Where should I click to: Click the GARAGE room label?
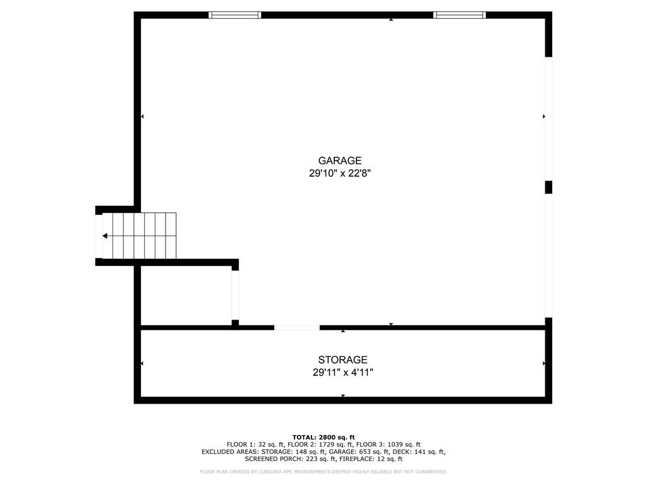pyautogui.click(x=339, y=160)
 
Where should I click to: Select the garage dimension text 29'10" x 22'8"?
pyautogui.click(x=340, y=173)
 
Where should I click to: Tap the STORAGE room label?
pyautogui.click(x=342, y=359)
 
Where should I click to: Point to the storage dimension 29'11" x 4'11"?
pyautogui.click(x=343, y=373)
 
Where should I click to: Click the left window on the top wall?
pyautogui.click(x=235, y=15)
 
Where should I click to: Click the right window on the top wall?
pyautogui.click(x=459, y=15)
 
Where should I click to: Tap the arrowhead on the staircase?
pyautogui.click(x=106, y=236)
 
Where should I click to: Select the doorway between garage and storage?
pyautogui.click(x=297, y=328)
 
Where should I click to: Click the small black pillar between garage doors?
pyautogui.click(x=548, y=187)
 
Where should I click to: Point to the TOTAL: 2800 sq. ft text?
pyautogui.click(x=323, y=437)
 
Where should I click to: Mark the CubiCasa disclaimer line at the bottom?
pyautogui.click(x=323, y=472)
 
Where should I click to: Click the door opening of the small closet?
pyautogui.click(x=235, y=296)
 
